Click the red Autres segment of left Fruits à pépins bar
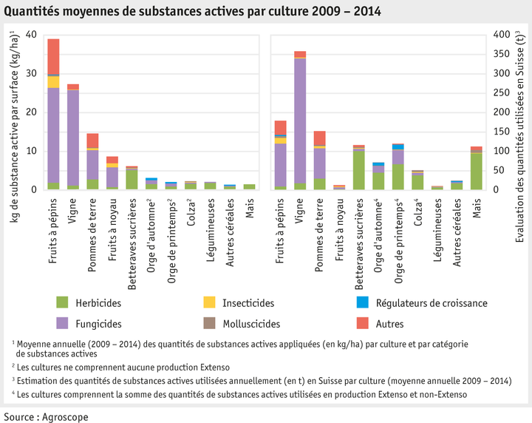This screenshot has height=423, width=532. (53, 56)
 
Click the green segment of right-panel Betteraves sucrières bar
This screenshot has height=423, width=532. (359, 169)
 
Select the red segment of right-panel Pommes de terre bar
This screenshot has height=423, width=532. (320, 138)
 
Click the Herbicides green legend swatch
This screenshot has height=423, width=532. (62, 302)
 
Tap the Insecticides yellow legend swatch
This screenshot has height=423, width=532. (210, 302)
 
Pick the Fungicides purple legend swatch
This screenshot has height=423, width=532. (62, 323)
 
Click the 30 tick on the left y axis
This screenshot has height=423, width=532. (31, 74)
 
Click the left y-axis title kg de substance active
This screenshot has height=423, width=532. (13, 112)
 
